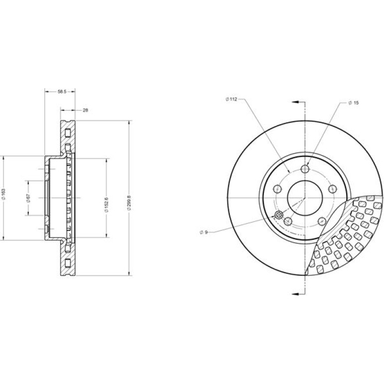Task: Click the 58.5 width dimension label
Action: pyautogui.click(x=62, y=92)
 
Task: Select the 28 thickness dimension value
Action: pyautogui.click(x=85, y=110)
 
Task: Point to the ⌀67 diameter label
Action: pyautogui.click(x=28, y=197)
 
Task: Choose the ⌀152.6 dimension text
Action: pyautogui.click(x=107, y=204)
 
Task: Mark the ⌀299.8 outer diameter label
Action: pyautogui.click(x=129, y=203)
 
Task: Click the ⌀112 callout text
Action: pyautogui.click(x=231, y=99)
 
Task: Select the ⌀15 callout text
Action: pyautogui.click(x=354, y=103)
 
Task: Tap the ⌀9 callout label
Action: pyautogui.click(x=204, y=232)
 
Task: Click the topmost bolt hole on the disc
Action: pyautogui.click(x=305, y=169)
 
